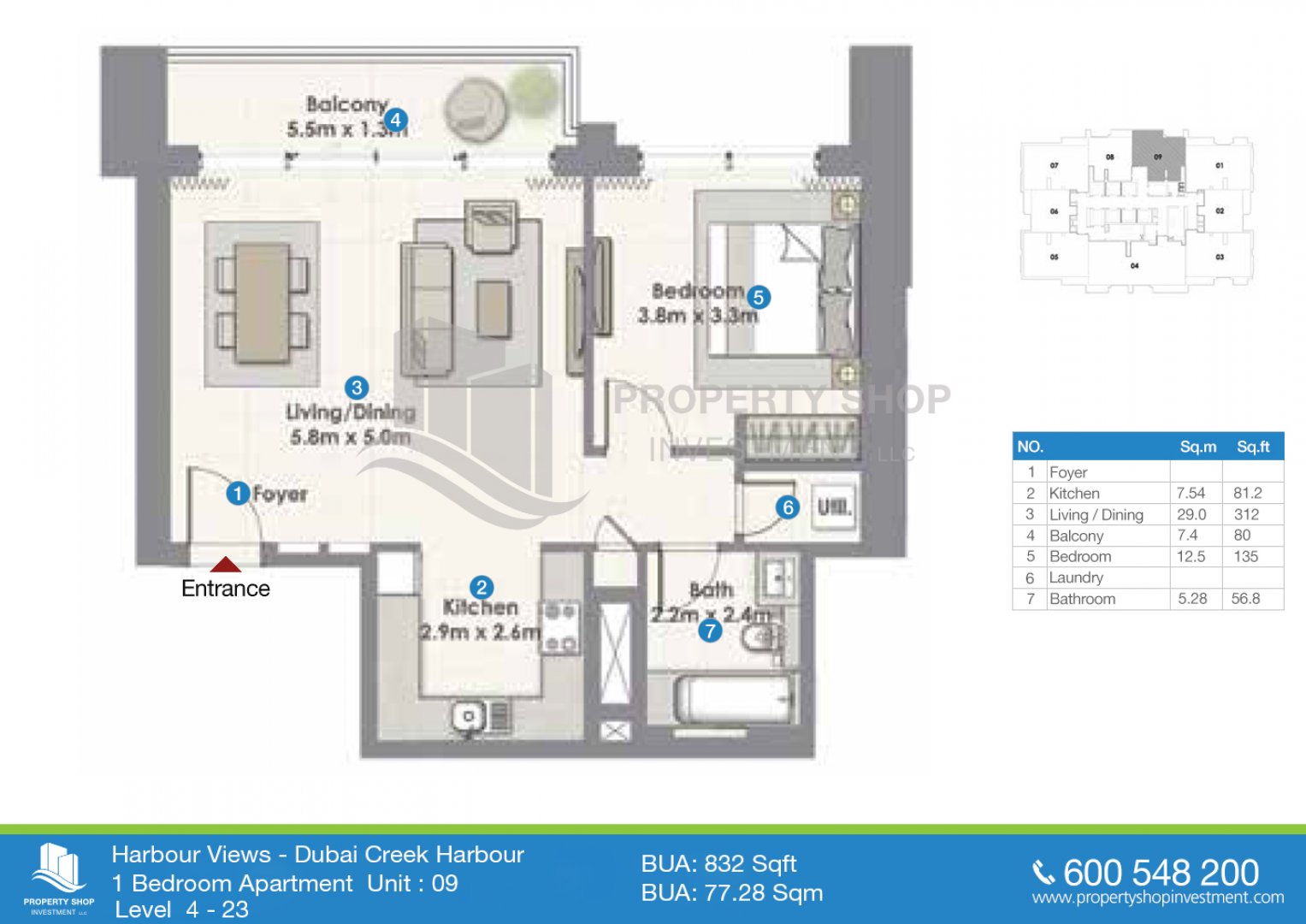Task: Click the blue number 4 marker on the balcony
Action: [395, 120]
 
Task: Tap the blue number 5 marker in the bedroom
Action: [758, 297]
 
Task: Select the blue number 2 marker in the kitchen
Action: [482, 587]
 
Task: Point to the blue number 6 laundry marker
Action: [788, 507]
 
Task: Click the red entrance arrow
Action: [226, 565]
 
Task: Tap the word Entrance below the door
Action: [226, 589]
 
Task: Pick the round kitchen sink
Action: [468, 717]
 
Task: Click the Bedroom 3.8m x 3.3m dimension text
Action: [698, 304]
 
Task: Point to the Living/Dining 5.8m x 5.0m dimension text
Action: [351, 424]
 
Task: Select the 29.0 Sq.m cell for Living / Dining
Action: [1191, 514]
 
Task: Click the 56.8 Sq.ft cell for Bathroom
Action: [1246, 599]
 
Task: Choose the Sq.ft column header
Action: [1253, 447]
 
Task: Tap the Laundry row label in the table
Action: [1076, 577]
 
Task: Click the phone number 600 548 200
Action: [1161, 873]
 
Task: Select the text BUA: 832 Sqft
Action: [718, 863]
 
